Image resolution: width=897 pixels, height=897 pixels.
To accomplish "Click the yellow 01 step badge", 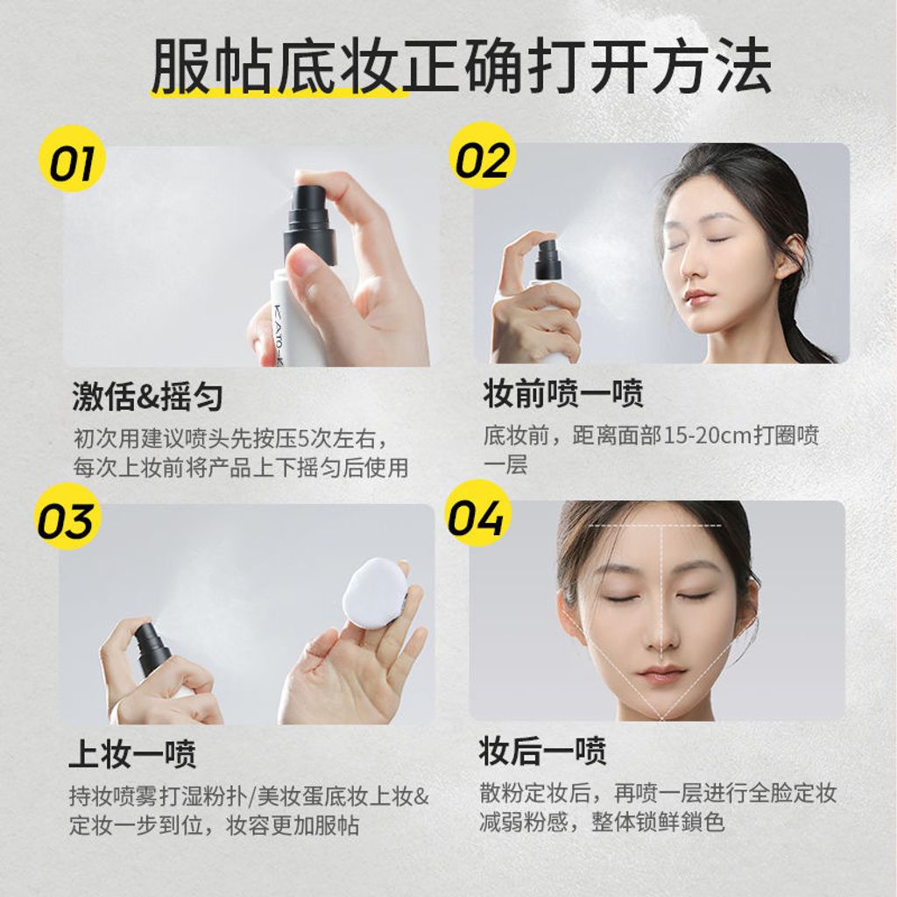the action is coord(72,159).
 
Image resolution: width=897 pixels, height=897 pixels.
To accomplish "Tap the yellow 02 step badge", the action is coord(483,155).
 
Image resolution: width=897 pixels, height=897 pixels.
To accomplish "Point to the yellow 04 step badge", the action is coord(477,512).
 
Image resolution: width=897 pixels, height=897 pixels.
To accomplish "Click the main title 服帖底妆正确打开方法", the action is coord(461,65).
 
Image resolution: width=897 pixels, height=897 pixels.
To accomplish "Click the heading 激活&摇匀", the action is coord(147,397).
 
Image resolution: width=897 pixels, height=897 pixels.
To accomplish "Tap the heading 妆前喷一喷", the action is coord(563,393).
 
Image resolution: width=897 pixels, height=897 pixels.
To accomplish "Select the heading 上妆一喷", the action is coord(132,753).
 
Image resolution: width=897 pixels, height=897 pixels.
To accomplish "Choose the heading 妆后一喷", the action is coord(542,751).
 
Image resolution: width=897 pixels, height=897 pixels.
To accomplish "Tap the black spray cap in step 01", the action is coord(313,216).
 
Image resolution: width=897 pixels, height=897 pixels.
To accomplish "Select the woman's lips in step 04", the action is coord(660,674).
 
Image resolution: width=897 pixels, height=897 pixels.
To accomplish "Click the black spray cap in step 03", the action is coord(152,649).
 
